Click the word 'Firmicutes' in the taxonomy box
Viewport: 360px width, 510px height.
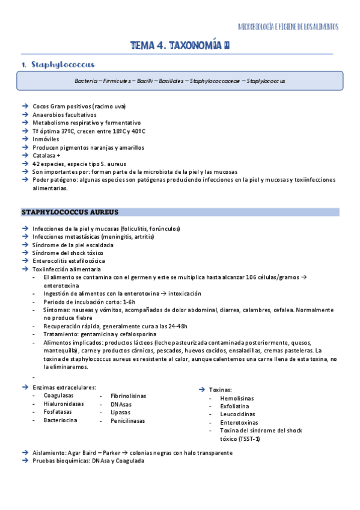click(x=122, y=81)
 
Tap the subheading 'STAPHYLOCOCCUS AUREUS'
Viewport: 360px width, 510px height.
click(x=70, y=212)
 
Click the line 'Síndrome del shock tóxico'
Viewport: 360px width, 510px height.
click(x=68, y=253)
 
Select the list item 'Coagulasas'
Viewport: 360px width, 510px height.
click(x=59, y=395)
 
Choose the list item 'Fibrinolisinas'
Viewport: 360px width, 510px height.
click(x=128, y=396)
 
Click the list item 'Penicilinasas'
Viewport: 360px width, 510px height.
click(x=127, y=421)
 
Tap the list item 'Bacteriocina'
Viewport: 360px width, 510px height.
click(x=60, y=420)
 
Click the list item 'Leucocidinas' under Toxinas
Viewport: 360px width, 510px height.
click(x=237, y=414)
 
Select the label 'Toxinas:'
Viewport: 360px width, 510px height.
click(x=220, y=390)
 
